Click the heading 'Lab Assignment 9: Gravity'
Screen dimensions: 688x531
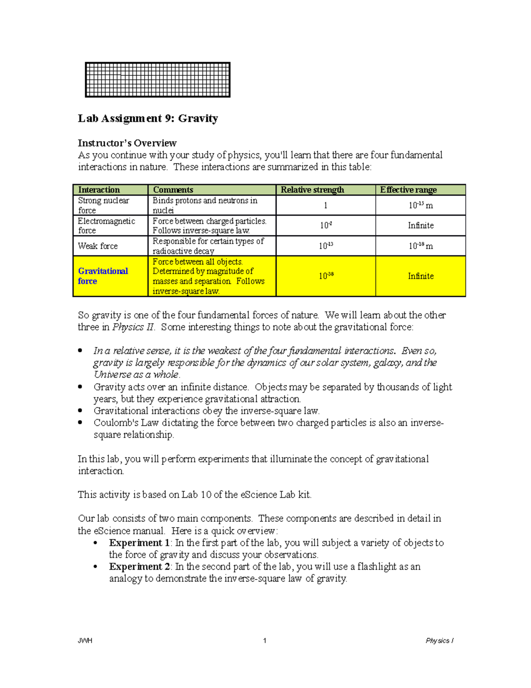[x=148, y=119]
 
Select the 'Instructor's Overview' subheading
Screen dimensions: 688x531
[x=127, y=143]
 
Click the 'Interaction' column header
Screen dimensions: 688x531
[x=99, y=190]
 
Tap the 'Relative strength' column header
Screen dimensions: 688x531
[x=312, y=190]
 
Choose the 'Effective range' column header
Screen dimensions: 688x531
[x=408, y=190]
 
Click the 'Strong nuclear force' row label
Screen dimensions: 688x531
[x=104, y=205]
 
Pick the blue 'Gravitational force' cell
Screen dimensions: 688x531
[x=103, y=276]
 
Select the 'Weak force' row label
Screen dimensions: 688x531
[x=98, y=246]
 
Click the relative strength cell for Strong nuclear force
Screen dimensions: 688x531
[x=326, y=206]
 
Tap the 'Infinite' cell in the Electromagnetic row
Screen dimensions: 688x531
[x=420, y=225]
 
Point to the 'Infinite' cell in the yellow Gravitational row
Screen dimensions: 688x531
[x=420, y=276]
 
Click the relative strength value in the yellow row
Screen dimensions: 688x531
[x=326, y=276]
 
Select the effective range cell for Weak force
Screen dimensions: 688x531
[x=420, y=246]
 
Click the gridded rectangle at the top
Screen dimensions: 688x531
[x=158, y=80]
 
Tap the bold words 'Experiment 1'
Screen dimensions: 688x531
[x=139, y=543]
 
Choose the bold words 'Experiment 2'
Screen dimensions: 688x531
[x=139, y=567]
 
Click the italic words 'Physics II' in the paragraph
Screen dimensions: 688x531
[x=133, y=327]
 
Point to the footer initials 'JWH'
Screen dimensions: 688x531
[x=85, y=641]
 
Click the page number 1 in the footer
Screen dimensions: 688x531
[x=265, y=641]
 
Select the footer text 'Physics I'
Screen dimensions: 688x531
[x=439, y=641]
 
